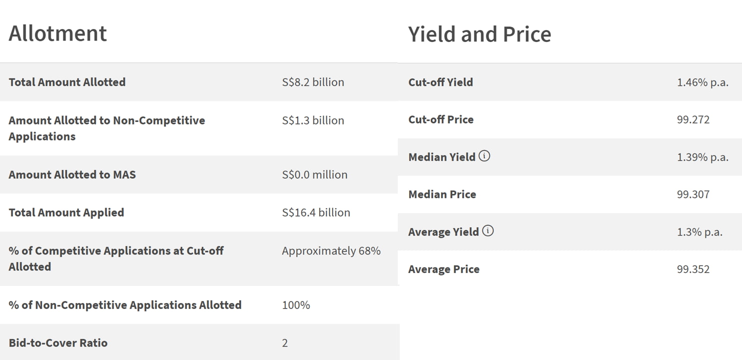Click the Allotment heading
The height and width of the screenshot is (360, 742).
point(58,33)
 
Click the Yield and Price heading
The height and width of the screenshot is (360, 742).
point(479,34)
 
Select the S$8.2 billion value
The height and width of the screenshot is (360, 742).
point(313,82)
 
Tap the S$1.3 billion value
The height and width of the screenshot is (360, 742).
point(313,120)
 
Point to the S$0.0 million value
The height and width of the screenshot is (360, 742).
point(314,174)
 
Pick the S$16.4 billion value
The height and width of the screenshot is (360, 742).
point(316,212)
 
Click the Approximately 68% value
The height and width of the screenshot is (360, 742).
point(331,250)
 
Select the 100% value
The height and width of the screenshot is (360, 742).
point(296,305)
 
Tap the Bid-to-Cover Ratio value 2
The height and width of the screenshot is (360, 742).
point(285,343)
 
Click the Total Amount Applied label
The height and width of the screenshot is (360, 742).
point(66,212)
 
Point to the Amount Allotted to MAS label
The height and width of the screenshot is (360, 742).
point(72,174)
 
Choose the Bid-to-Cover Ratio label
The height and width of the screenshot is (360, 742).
point(58,343)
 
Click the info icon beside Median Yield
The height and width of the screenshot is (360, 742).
point(484,156)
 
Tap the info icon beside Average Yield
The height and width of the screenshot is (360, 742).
point(488,231)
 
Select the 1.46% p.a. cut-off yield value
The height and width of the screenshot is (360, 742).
point(702,82)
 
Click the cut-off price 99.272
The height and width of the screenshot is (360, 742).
point(693,119)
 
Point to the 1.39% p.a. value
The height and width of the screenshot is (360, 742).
point(702,157)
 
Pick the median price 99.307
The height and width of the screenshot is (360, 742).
point(693,194)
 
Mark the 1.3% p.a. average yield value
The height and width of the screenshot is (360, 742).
point(699,232)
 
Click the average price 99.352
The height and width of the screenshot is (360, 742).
point(693,269)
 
